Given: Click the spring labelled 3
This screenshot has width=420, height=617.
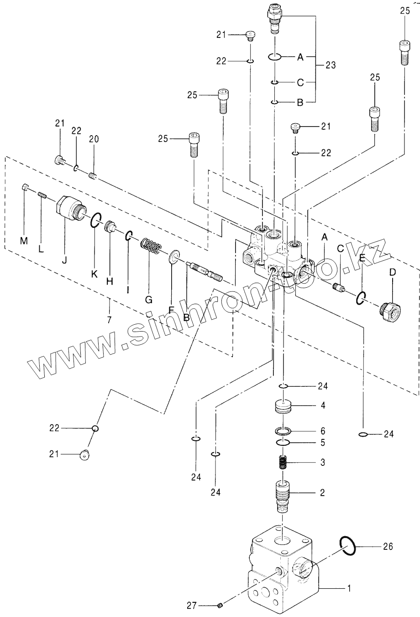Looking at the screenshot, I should tap(283, 463).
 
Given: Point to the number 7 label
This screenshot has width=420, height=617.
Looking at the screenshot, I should tap(109, 319).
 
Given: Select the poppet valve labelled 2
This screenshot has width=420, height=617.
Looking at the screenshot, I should tap(283, 495).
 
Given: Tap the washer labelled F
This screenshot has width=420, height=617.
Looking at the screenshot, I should tap(175, 257).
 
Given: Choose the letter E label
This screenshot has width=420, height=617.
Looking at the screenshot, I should tap(362, 259).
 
